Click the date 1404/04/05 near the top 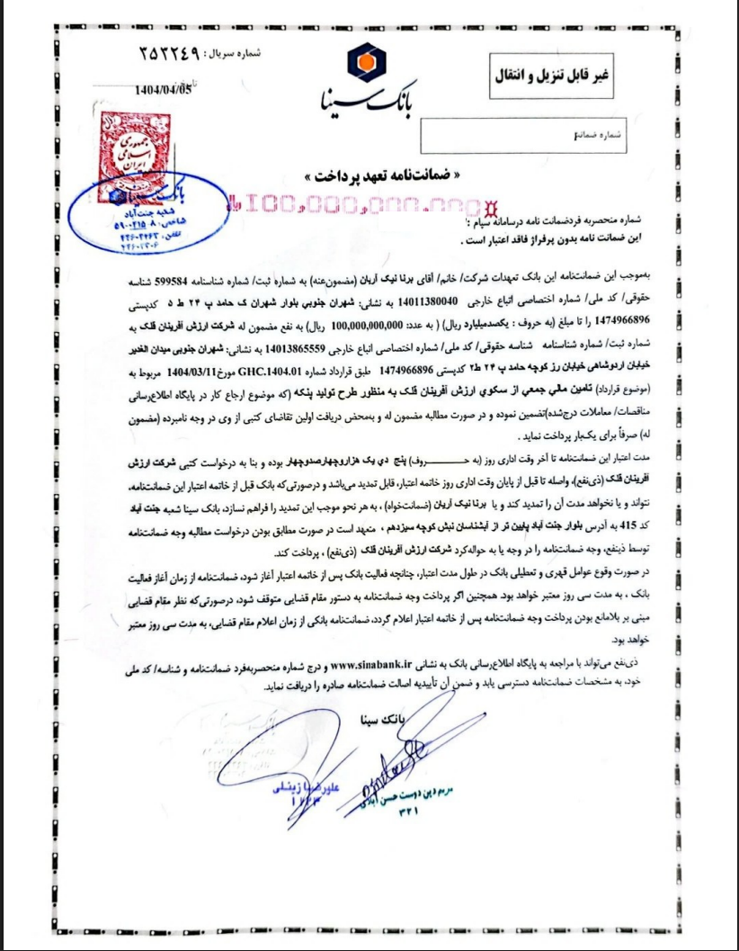coord(163,89)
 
